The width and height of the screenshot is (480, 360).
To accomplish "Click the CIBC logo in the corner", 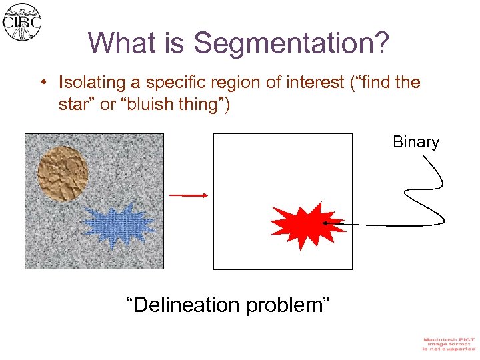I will (22, 22).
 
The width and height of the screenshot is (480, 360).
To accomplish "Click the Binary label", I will (416, 142).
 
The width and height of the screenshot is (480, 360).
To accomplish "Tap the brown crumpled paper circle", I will (63, 173).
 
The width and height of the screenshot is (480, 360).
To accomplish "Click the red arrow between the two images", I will (189, 195).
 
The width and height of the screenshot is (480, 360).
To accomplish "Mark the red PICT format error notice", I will (449, 344).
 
